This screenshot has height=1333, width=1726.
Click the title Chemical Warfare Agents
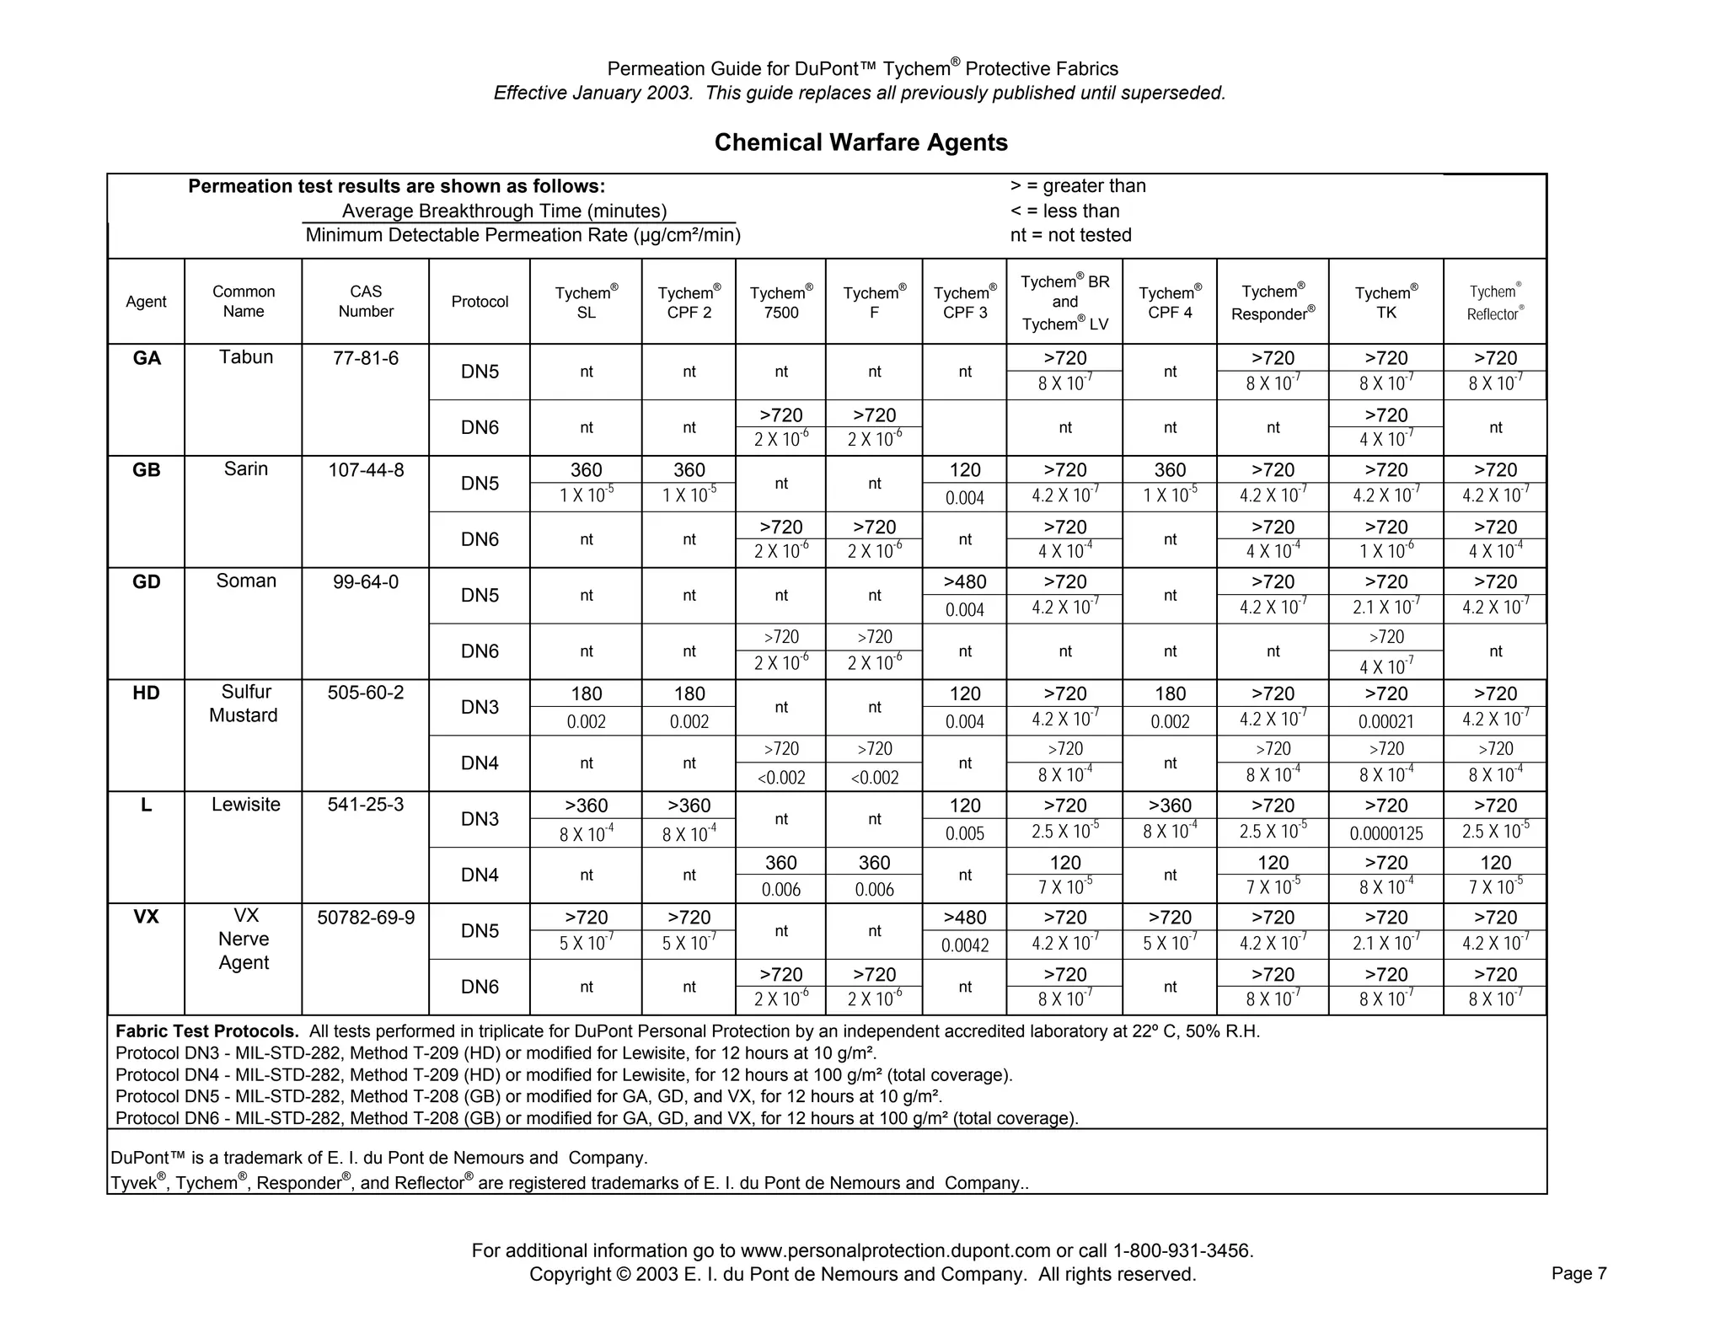(860, 142)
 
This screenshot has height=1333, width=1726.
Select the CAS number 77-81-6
(366, 358)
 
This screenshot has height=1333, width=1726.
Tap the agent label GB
(146, 470)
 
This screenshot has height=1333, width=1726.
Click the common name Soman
(245, 581)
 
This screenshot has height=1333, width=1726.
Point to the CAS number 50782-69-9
(366, 917)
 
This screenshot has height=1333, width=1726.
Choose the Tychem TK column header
(1386, 302)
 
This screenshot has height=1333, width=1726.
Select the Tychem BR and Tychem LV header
(1064, 302)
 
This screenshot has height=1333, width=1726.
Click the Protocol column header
(480, 302)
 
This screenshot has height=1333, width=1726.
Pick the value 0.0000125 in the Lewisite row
(1386, 833)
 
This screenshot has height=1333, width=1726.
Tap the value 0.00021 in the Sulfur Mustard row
(1386, 721)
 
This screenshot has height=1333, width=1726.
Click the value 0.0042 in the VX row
(964, 945)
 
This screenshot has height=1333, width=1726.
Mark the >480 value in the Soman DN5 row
(964, 581)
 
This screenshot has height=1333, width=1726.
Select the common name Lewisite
(245, 804)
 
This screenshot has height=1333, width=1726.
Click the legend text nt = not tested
(1070, 235)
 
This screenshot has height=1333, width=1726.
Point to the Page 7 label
(1579, 1273)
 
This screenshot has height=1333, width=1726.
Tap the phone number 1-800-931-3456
(1182, 1250)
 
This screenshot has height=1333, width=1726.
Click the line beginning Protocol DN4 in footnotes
(563, 1075)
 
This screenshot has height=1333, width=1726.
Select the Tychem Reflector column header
(1495, 302)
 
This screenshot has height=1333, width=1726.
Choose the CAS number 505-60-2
(366, 693)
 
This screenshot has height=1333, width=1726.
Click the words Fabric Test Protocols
(206, 1031)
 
